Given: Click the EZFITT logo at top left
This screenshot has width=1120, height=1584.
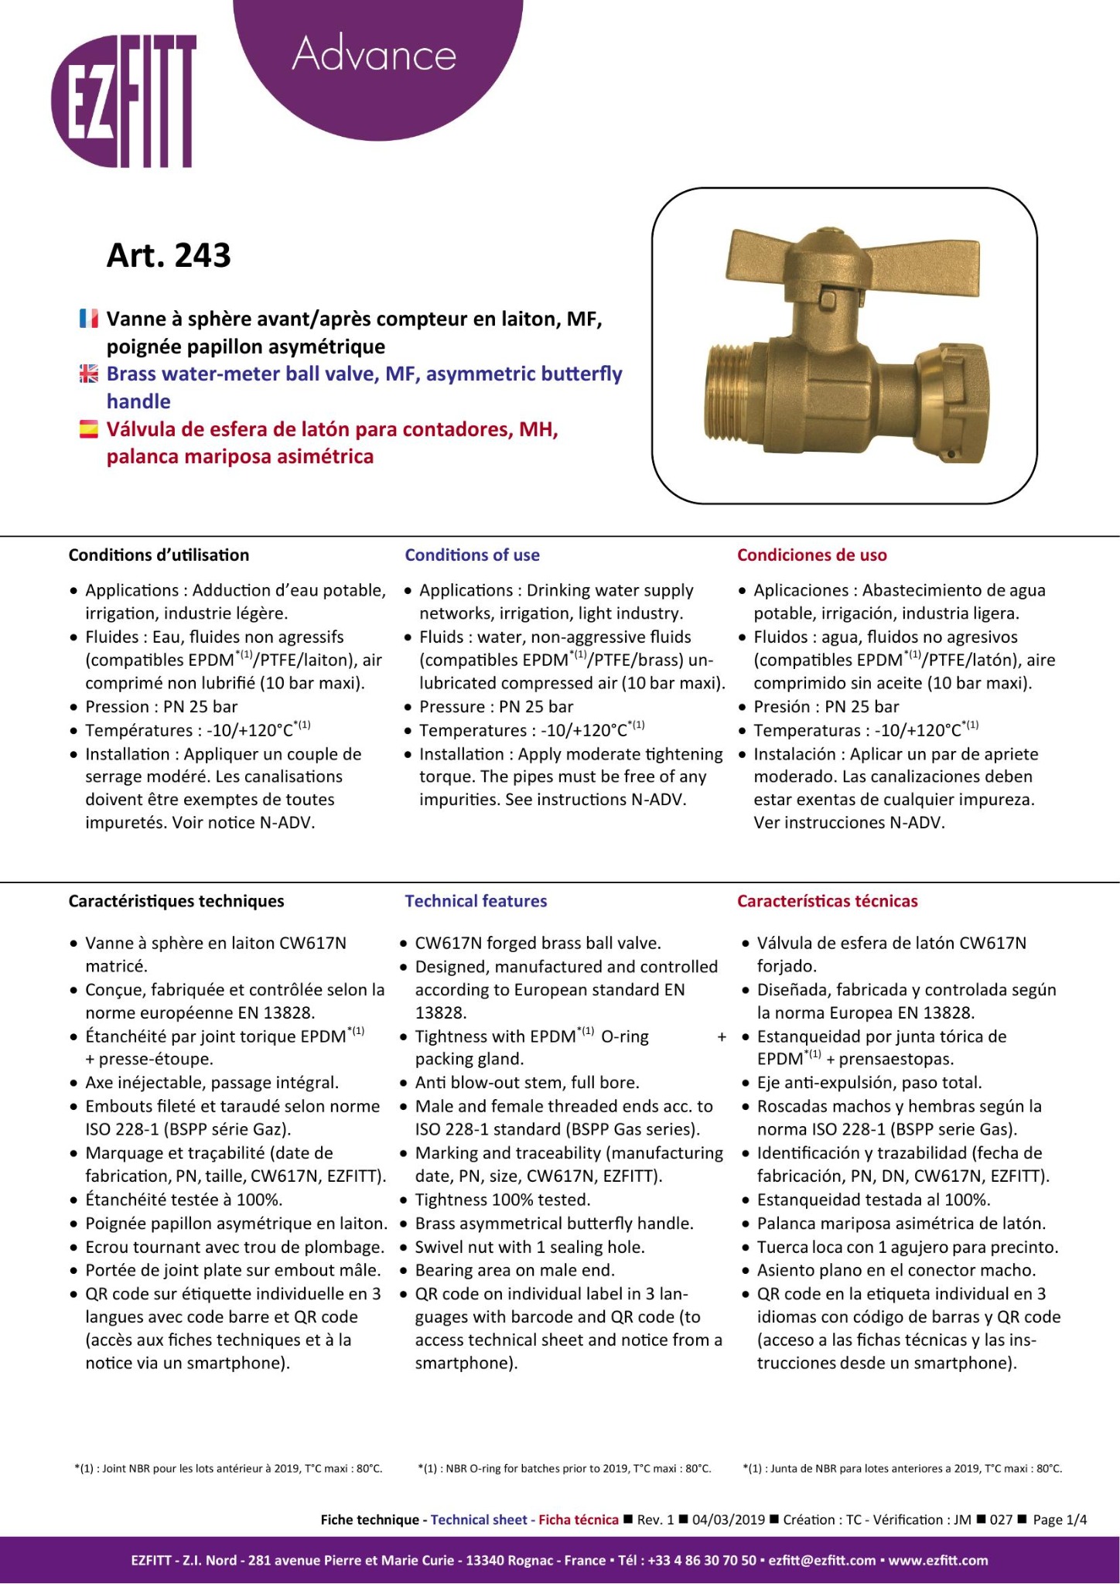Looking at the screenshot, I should (124, 100).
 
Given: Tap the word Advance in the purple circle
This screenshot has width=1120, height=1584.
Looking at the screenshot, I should (374, 55).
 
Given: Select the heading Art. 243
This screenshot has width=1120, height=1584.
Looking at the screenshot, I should (169, 255).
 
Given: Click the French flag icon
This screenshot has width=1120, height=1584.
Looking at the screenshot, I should (89, 318).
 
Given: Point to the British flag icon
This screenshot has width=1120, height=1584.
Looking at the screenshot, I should (89, 374).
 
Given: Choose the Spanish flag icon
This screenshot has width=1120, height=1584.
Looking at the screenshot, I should (89, 429).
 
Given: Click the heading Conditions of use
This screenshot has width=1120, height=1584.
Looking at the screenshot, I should (472, 555).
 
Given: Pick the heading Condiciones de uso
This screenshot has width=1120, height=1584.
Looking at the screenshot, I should (811, 555).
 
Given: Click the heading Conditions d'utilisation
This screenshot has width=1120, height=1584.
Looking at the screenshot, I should (159, 555).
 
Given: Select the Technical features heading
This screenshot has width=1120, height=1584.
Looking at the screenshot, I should (476, 901).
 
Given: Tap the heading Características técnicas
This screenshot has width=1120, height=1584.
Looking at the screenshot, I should (827, 901).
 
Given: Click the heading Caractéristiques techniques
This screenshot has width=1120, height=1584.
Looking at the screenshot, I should (176, 901).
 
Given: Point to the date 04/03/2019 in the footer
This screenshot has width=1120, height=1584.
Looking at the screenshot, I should (728, 1520).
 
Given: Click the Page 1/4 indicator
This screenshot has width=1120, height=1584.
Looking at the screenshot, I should (1059, 1520).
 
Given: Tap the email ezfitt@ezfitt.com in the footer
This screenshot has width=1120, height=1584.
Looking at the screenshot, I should (821, 1560).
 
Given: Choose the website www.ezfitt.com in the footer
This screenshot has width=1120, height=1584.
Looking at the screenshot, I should (937, 1560).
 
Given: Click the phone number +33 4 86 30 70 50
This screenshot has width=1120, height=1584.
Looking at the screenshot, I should (702, 1560).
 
